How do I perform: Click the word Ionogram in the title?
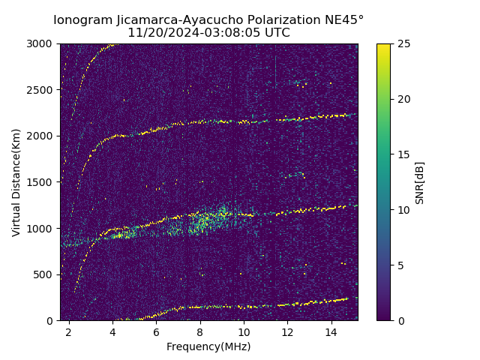[x=80, y=20]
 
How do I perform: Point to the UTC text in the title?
[x=276, y=33]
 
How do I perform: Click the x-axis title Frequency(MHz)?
[x=208, y=346]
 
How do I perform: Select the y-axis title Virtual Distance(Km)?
[x=16, y=182]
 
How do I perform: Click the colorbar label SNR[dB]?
[x=420, y=182]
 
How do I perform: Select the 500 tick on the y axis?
[x=46, y=274]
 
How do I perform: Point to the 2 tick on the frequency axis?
[x=69, y=331]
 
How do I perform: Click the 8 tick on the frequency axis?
[x=200, y=331]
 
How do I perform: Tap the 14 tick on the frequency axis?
[x=331, y=331]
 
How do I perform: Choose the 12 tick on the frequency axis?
[x=287, y=331]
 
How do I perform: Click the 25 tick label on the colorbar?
[x=402, y=43]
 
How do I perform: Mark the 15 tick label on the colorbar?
[x=402, y=154]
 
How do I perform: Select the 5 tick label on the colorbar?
[x=400, y=265]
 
